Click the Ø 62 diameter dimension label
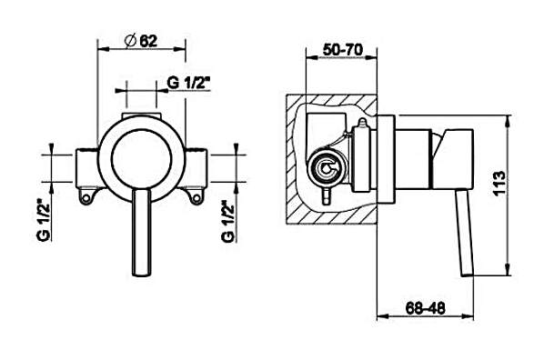tap(141, 41)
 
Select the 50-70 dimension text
tap(342, 50)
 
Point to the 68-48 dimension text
tap(426, 308)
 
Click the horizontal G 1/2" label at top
tap(189, 84)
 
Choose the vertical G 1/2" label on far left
tap(44, 220)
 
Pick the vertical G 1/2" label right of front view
tap(228, 221)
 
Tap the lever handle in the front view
tap(142, 232)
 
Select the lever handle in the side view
tap(464, 232)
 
